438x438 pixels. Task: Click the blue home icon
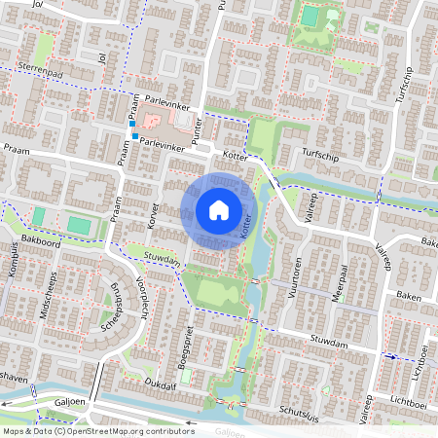pyautogui.click(x=219, y=209)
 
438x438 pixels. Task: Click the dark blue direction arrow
pyautogui.click(x=392, y=357)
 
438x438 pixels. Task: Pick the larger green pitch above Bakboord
pyautogui.click(x=78, y=226)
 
